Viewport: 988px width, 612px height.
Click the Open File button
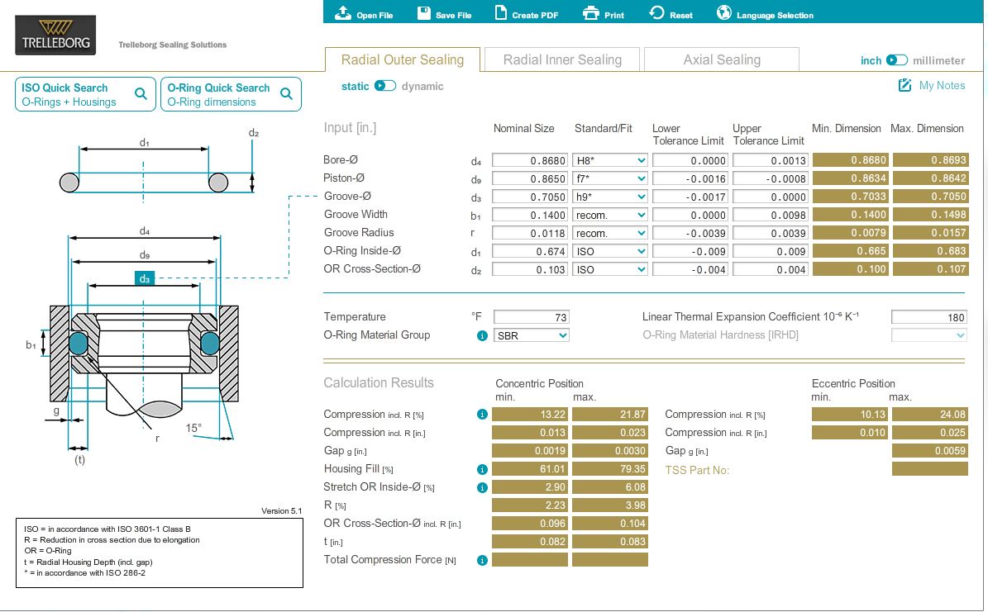click(364, 13)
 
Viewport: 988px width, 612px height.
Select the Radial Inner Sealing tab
click(562, 59)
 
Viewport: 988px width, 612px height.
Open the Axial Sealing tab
click(722, 59)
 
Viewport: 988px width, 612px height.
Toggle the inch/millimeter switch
click(896, 60)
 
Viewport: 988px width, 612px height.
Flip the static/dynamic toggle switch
click(385, 86)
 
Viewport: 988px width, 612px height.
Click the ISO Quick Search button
click(85, 94)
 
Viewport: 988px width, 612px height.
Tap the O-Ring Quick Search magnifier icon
click(286, 94)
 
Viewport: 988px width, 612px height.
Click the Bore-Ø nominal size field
click(529, 160)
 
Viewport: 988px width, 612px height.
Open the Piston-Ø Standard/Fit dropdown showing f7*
click(610, 179)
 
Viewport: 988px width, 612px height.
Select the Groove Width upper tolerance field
click(770, 216)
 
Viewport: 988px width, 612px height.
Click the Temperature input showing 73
click(531, 317)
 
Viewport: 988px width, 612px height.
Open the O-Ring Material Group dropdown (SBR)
click(531, 335)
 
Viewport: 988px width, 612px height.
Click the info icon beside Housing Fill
click(482, 469)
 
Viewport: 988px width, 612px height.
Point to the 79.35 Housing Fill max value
click(610, 469)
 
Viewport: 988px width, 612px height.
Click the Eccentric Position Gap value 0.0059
click(930, 451)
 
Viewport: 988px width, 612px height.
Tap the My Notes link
click(932, 86)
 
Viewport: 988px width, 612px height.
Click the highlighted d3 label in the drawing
click(145, 278)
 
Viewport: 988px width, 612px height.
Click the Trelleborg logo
click(55, 36)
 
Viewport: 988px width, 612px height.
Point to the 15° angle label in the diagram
click(193, 428)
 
